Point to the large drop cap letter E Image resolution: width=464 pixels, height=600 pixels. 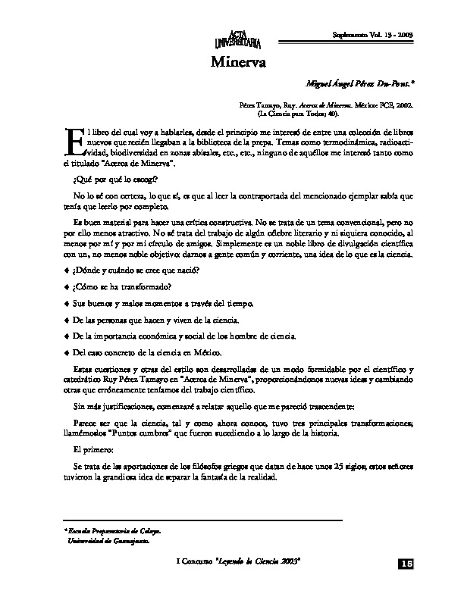(73, 144)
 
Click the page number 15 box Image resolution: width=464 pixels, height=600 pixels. (405, 564)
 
